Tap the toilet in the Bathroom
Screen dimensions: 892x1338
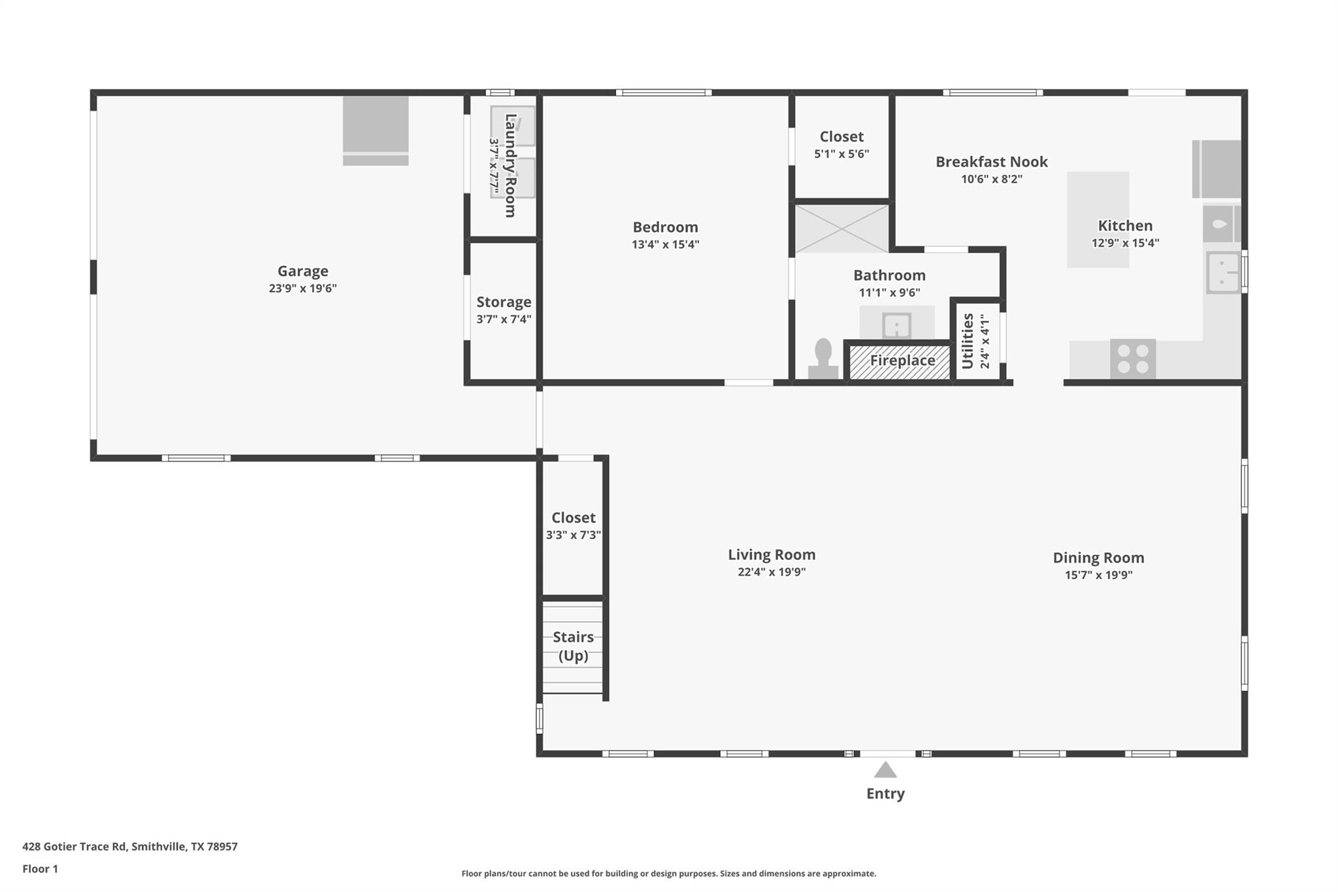pos(823,359)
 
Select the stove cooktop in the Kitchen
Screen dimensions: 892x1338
pos(1133,359)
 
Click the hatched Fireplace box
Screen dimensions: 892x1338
pos(900,361)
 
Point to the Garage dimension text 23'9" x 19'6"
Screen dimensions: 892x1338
pos(302,288)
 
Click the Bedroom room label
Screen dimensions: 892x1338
pos(665,227)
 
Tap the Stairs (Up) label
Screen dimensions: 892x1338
pos(573,646)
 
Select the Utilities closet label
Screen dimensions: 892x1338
pos(968,340)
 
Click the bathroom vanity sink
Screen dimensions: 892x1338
pos(896,324)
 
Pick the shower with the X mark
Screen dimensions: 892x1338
pos(841,228)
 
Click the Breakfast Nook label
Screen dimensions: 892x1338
pos(991,161)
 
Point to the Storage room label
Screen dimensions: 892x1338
pos(503,302)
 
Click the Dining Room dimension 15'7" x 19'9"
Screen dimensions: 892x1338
pos(1098,575)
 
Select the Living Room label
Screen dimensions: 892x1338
pos(772,554)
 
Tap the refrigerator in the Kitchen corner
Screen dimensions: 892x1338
pos(1216,169)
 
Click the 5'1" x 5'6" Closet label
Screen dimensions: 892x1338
pos(841,137)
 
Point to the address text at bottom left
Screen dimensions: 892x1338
pos(130,846)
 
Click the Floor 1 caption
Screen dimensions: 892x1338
pos(40,868)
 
